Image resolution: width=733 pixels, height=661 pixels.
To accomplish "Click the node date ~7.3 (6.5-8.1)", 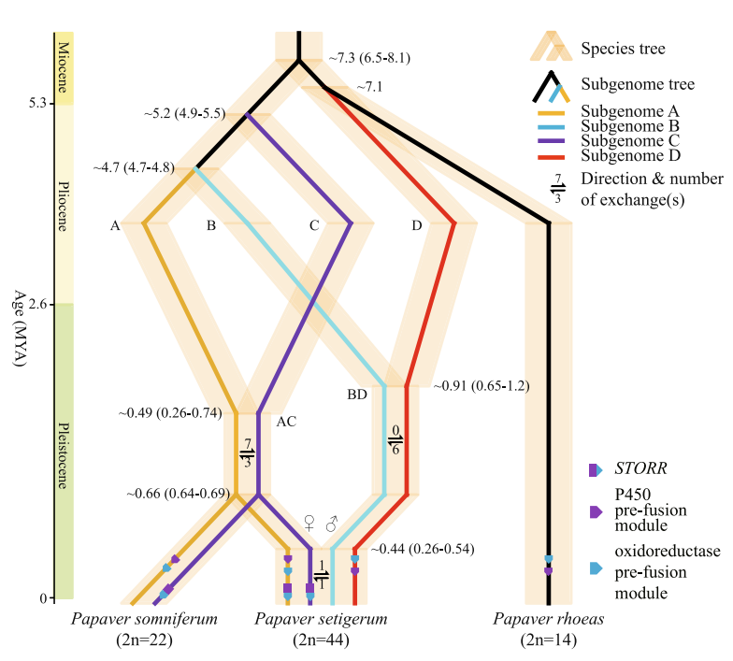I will tap(369, 58).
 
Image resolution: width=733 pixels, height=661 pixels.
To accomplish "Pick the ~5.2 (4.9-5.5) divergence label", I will tap(184, 114).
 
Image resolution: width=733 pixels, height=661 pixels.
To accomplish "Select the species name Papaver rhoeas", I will tap(549, 620).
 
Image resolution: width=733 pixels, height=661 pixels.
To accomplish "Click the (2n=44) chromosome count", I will tap(322, 640).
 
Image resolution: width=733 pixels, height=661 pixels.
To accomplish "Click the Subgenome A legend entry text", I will tap(630, 111).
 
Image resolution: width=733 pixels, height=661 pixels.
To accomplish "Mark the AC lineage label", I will tap(286, 421).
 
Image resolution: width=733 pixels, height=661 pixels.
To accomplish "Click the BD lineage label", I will tap(357, 395).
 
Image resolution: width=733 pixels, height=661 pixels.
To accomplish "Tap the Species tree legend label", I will tap(623, 47).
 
